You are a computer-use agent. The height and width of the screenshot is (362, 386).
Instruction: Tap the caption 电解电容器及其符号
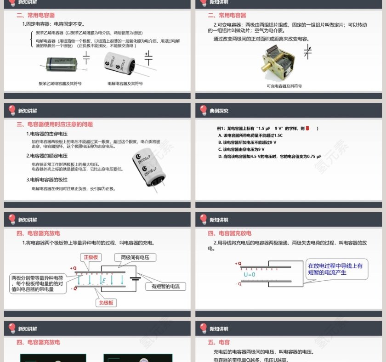125,84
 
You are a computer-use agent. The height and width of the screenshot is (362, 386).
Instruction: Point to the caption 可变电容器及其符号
284,86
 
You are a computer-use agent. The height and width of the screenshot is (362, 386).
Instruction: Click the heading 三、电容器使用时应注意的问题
55,124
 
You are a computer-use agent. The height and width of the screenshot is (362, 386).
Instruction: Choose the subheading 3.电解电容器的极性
46,180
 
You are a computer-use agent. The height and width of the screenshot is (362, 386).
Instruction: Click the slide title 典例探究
219,111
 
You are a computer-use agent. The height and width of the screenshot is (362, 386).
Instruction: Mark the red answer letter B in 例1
308,129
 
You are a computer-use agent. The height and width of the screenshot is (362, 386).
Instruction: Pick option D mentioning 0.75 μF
270,156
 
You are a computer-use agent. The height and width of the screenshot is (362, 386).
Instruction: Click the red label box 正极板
91,257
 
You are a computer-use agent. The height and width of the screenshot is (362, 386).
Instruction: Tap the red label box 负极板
106,303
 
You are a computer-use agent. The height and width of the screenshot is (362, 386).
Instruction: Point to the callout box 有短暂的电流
165,287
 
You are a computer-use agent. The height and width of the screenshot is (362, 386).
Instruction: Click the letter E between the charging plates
104,280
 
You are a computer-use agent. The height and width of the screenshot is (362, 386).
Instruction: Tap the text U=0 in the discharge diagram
250,275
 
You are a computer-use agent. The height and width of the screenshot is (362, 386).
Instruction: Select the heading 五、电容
219,342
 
